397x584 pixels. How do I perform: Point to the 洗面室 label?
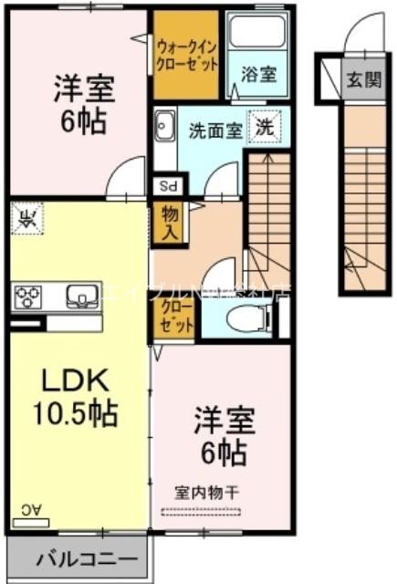pos(215,130)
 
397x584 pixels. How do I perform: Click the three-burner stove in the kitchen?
pos(29,297)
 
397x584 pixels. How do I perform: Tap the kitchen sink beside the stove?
pos(81,296)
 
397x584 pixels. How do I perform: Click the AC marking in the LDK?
pos(30,509)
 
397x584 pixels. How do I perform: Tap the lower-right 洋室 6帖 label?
pos(224,436)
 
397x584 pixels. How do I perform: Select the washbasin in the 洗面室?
pos(165,125)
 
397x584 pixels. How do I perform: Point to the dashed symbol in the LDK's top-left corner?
pos(28,217)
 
